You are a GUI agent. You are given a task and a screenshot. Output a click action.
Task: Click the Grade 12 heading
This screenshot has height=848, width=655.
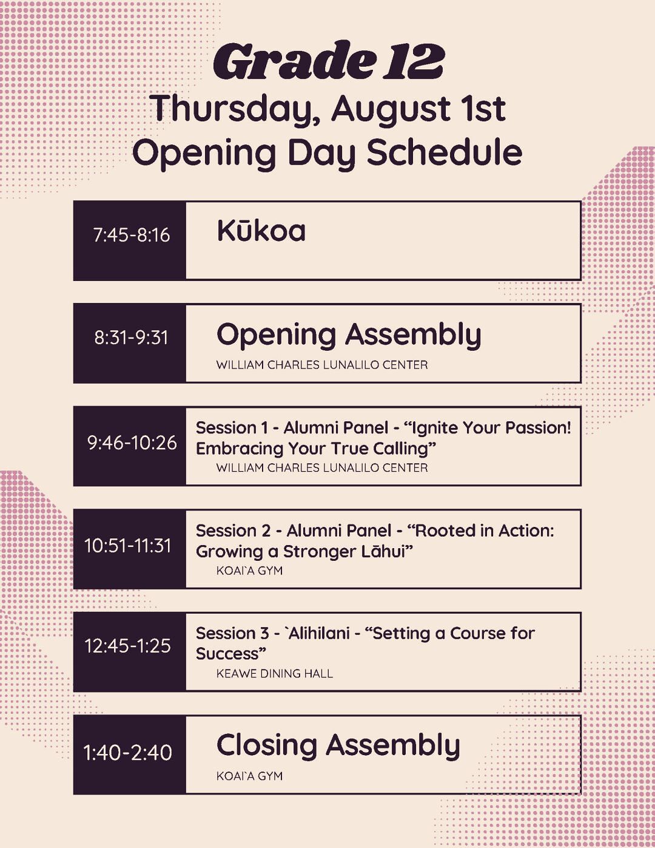tap(329, 61)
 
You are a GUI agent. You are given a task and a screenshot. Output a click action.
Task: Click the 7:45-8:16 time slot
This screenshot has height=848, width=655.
tap(132, 235)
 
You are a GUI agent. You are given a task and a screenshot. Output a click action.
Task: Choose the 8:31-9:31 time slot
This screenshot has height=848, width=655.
tap(131, 337)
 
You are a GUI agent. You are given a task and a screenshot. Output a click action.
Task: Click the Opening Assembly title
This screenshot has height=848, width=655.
tap(349, 335)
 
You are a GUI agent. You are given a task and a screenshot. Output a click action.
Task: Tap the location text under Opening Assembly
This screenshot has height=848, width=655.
tap(322, 365)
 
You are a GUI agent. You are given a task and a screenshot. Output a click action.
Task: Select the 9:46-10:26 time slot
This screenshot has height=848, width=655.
tap(132, 443)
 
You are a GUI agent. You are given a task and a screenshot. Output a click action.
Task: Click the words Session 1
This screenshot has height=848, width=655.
tap(232, 428)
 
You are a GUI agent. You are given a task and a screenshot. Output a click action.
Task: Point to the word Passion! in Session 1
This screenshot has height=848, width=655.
tap(538, 428)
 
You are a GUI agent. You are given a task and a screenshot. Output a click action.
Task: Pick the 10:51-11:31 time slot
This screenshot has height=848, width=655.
tap(128, 546)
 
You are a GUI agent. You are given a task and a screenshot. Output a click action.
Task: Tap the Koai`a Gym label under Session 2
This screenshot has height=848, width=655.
tap(249, 571)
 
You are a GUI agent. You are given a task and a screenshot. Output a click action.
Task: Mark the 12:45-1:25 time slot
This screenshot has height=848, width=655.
tap(128, 646)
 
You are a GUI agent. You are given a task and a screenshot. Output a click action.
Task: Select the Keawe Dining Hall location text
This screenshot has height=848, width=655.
tap(275, 674)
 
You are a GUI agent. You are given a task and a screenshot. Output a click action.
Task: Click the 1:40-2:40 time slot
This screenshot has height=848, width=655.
tap(128, 752)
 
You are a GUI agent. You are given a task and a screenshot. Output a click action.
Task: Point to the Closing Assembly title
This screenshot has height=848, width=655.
tap(338, 746)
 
